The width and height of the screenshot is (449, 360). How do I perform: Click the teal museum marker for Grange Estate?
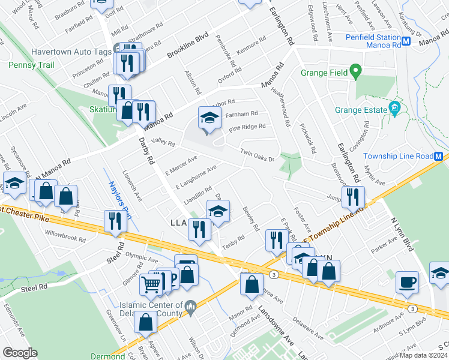tap(395, 109)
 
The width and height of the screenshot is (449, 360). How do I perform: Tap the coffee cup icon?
tap(408, 283)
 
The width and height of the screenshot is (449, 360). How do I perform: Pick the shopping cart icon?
tap(151, 284)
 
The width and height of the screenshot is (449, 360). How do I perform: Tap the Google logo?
tap(20, 353)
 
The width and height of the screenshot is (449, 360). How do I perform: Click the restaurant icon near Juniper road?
tap(354, 196)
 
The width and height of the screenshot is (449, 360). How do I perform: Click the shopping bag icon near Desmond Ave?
tap(252, 283)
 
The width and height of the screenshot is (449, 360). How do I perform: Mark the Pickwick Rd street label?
tap(309, 138)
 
